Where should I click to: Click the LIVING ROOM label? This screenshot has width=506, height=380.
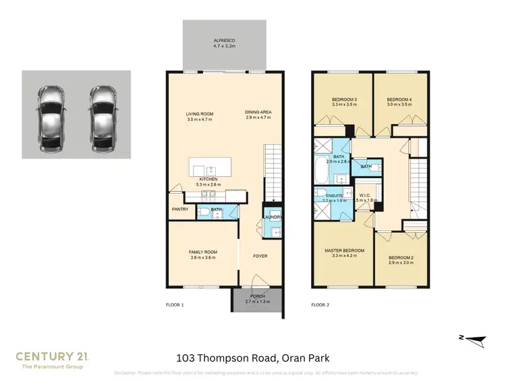pos(200,113)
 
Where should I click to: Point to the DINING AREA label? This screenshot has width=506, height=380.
pos(257,113)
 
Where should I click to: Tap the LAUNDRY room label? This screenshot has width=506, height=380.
pos(273,217)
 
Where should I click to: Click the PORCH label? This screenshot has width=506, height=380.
pos(257,296)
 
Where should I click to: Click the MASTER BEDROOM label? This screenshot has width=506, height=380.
pos(344,250)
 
